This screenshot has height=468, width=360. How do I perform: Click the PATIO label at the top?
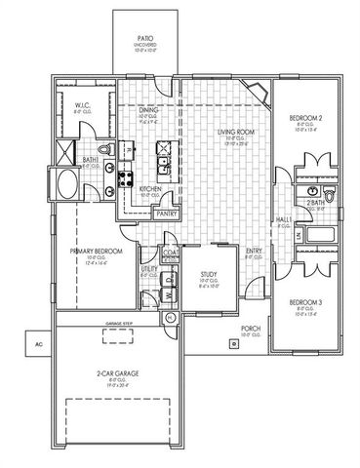tap(142, 39)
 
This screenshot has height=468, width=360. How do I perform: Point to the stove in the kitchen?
tap(126, 177)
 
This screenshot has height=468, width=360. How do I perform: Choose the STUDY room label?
tap(208, 275)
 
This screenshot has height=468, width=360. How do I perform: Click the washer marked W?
tap(169, 292)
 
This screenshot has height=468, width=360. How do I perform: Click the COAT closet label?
tap(170, 255)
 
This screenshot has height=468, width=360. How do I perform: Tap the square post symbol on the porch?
tap(234, 343)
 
